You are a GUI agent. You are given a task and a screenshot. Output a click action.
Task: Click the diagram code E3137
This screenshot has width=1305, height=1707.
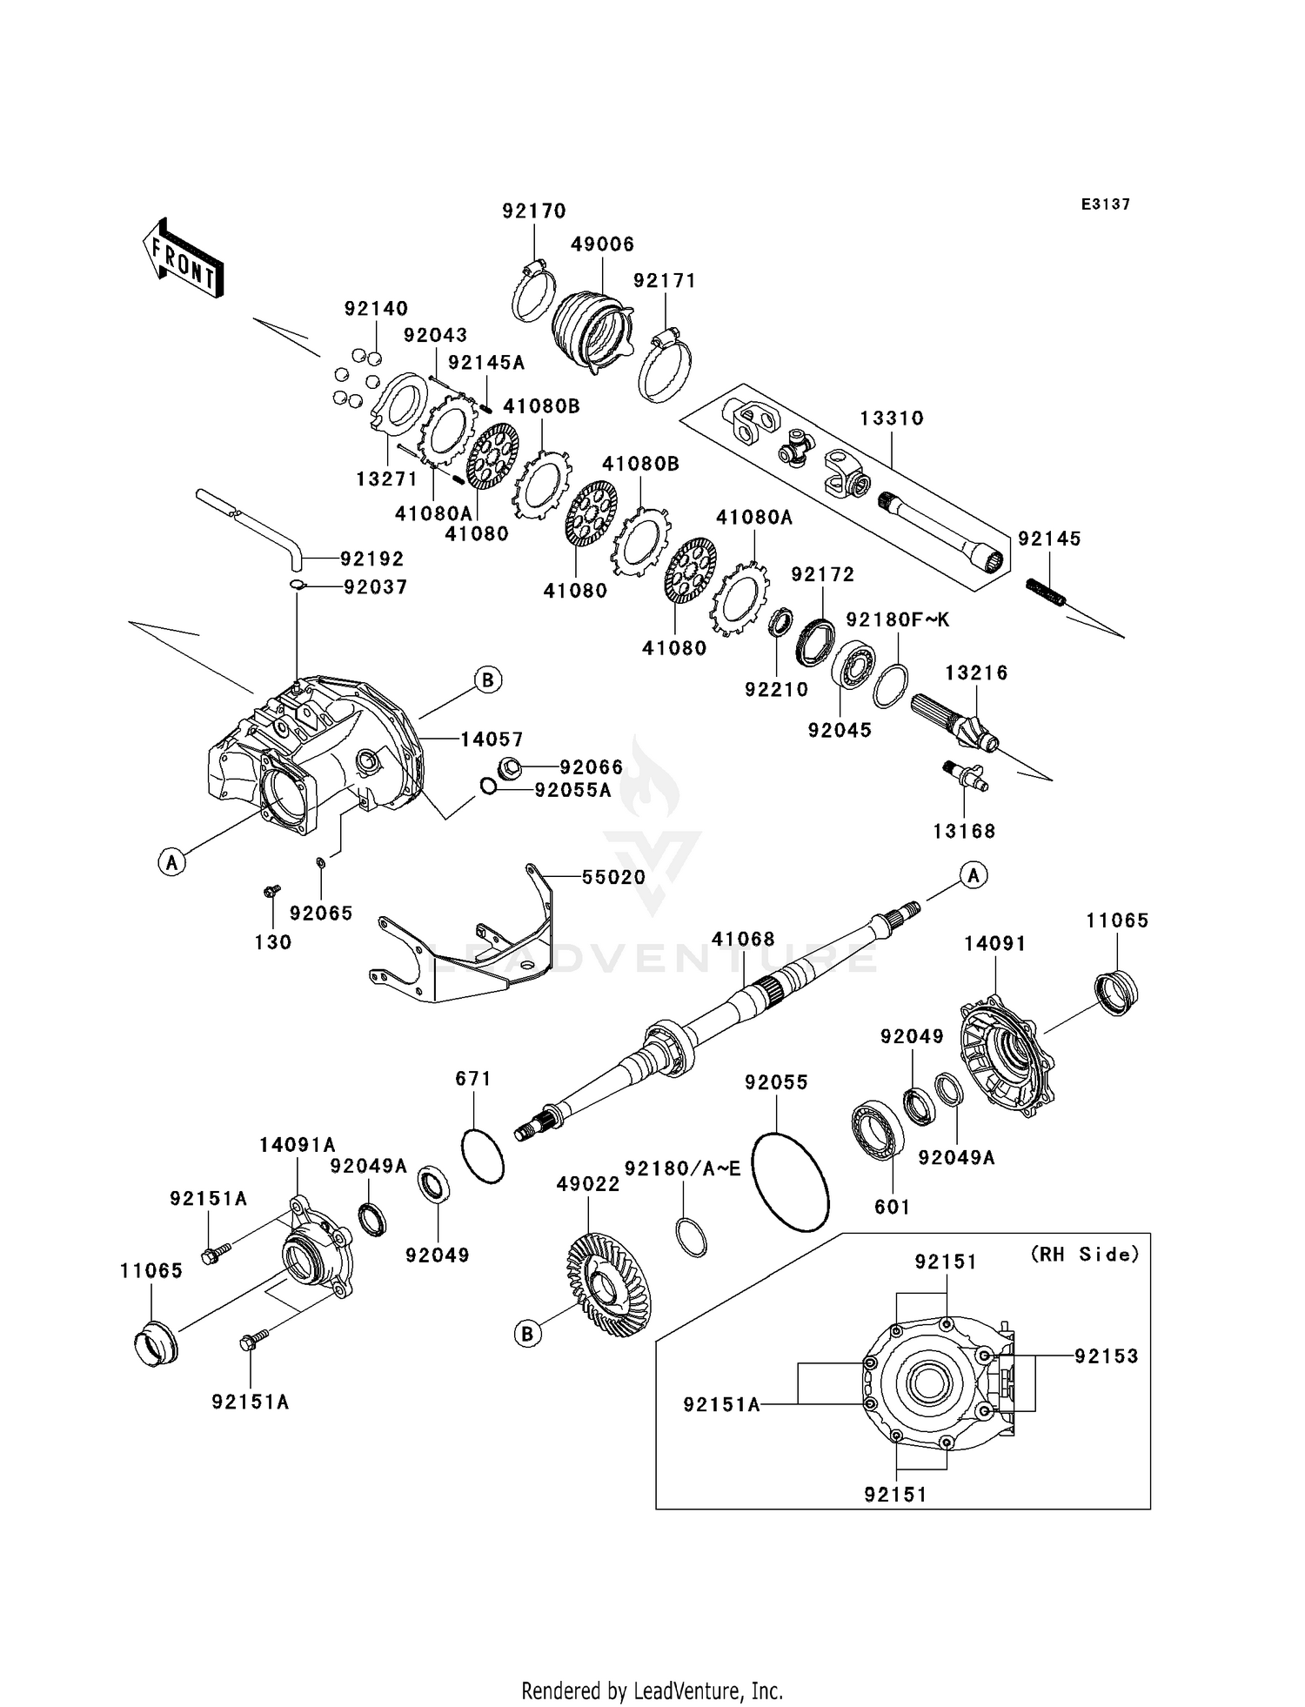click(1105, 204)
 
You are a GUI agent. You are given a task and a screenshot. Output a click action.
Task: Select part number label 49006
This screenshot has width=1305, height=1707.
click(602, 244)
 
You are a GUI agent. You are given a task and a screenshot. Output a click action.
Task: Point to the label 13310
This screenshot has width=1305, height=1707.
click(892, 418)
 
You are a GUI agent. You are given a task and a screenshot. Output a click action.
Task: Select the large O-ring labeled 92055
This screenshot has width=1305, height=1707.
click(790, 1181)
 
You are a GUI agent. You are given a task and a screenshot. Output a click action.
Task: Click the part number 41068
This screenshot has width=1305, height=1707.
click(742, 939)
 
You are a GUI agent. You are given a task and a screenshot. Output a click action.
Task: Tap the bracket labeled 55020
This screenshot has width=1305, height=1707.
click(470, 953)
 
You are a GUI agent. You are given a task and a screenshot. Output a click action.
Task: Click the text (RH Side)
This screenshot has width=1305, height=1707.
click(1084, 1254)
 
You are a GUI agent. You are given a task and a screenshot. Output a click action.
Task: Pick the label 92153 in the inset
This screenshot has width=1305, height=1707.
click(1106, 1356)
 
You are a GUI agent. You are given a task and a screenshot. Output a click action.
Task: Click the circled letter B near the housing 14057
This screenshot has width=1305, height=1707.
click(488, 679)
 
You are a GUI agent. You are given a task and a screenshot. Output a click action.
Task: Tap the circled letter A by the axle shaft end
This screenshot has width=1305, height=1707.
click(973, 875)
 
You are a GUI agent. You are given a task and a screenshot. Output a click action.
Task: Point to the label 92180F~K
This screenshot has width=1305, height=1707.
click(897, 619)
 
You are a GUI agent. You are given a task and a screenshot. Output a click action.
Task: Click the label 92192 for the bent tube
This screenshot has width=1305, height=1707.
click(371, 559)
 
